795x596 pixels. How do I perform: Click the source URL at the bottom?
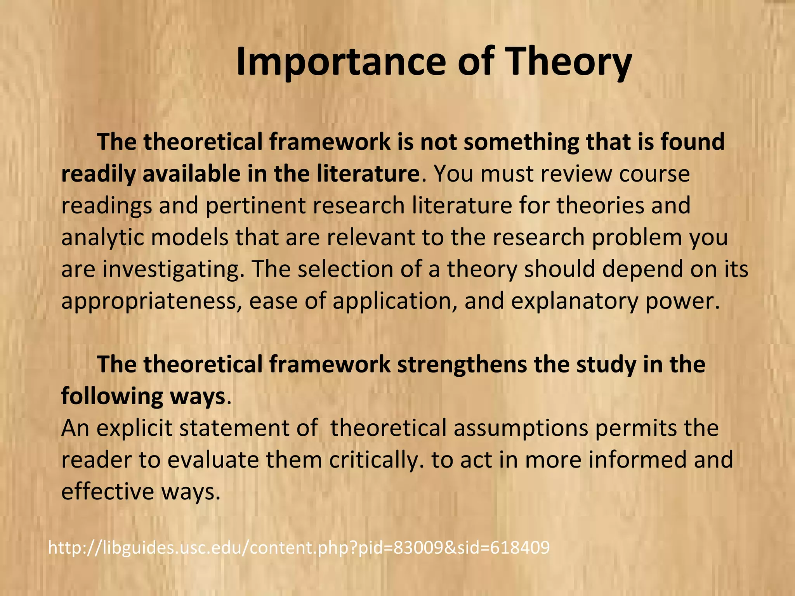pos(299,547)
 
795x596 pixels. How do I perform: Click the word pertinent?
pos(256,205)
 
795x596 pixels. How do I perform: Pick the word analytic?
pos(102,237)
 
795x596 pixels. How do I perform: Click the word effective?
pos(108,492)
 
